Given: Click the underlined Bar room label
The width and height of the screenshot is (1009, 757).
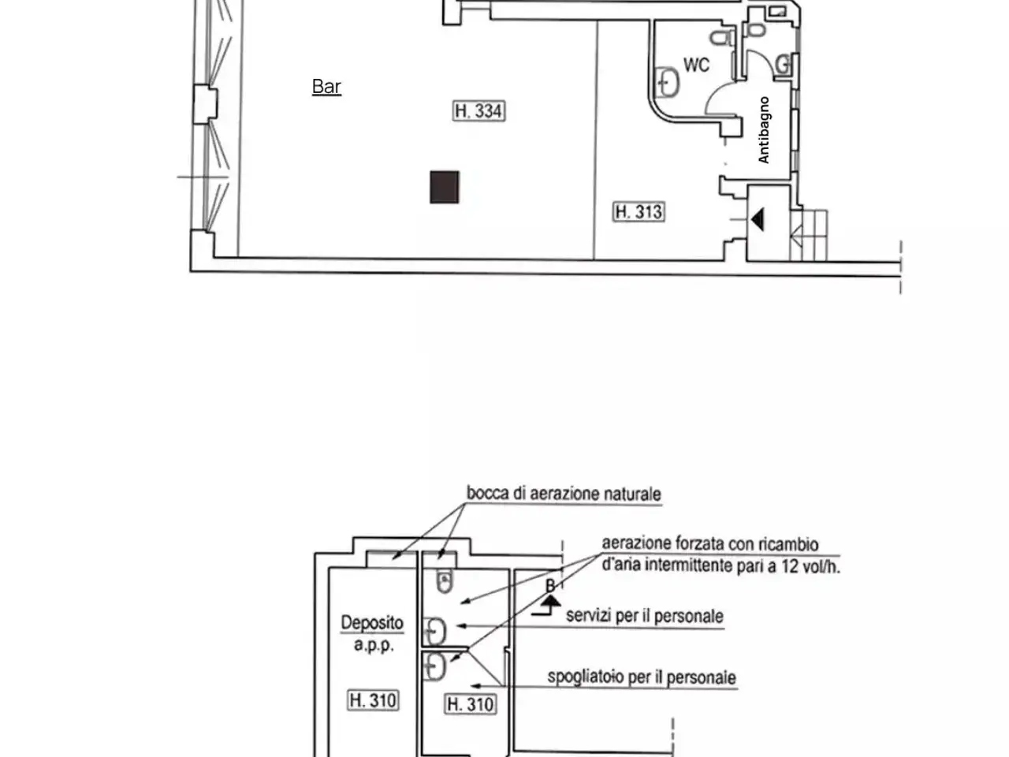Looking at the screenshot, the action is coord(326,87).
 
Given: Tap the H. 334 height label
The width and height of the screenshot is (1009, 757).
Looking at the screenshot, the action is coord(478,110).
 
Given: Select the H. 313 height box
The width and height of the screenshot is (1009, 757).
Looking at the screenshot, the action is coord(638,212).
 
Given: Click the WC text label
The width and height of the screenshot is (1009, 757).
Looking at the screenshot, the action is coord(696,65).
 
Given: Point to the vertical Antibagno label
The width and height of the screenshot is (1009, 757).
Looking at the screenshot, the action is coord(764,129).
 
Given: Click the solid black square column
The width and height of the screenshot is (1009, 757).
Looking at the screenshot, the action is coord(444,187).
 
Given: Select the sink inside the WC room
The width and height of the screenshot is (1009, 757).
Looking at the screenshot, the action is coord(667,83).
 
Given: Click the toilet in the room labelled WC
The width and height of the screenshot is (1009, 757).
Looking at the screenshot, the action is coord(721,37).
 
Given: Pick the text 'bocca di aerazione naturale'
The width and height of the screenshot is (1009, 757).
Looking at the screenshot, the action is coord(564,494).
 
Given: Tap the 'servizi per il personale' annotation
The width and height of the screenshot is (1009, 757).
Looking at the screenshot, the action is coord(645,616).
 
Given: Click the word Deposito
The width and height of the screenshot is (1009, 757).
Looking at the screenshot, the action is coord(372,623).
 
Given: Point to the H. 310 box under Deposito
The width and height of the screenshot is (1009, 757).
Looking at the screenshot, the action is coord(372,700).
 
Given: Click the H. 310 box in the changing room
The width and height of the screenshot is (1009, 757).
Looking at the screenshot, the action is coord(470,704).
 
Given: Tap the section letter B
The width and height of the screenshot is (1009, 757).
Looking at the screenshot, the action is coord(549,586).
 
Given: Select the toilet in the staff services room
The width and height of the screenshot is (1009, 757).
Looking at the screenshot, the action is coord(444,581).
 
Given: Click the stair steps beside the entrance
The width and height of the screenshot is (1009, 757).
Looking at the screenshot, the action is coord(808,235).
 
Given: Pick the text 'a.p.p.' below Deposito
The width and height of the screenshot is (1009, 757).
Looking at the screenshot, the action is coord(374,645).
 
